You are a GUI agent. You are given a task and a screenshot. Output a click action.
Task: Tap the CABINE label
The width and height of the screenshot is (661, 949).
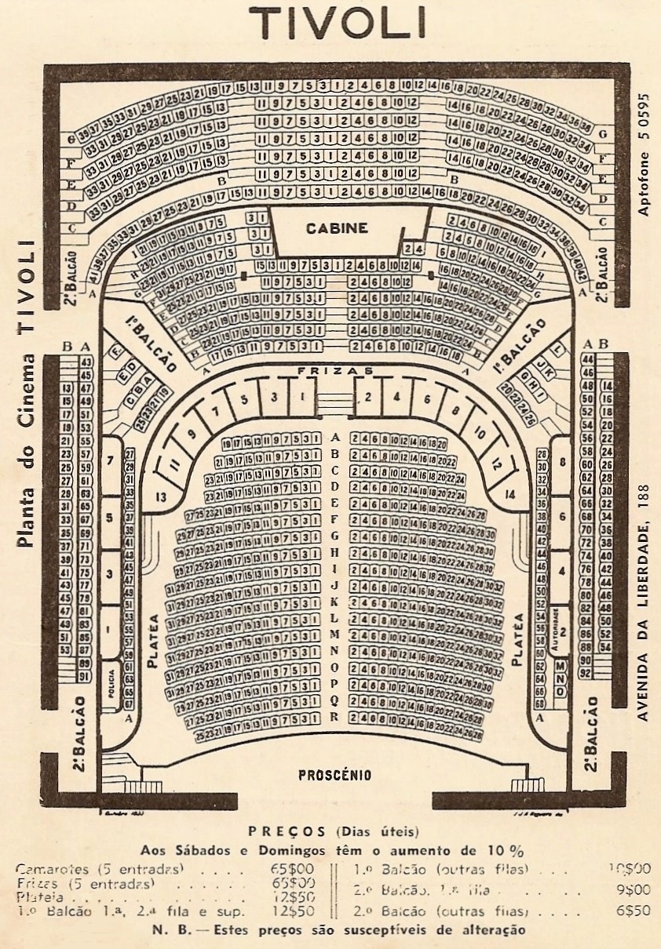(348, 228)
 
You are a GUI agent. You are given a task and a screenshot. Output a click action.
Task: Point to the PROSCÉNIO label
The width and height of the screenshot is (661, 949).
(335, 776)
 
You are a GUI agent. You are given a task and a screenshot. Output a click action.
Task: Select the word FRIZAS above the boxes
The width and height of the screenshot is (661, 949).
(335, 369)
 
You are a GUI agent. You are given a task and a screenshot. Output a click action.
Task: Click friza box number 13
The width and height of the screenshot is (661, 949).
(161, 496)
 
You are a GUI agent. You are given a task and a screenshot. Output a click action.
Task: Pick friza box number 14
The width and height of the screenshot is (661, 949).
(511, 494)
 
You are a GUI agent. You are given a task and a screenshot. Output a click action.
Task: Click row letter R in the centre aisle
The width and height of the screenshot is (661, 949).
(334, 717)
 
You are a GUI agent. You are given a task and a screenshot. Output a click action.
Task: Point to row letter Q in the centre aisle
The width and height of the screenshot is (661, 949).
(334, 700)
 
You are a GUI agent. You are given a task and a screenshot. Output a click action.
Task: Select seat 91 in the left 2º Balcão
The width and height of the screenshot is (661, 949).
(85, 675)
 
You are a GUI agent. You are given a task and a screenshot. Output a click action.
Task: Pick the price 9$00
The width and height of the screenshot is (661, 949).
(634, 890)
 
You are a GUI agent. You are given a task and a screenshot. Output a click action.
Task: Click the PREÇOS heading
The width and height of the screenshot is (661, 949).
(287, 831)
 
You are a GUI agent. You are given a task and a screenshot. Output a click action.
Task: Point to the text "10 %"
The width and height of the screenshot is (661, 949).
(505, 850)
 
